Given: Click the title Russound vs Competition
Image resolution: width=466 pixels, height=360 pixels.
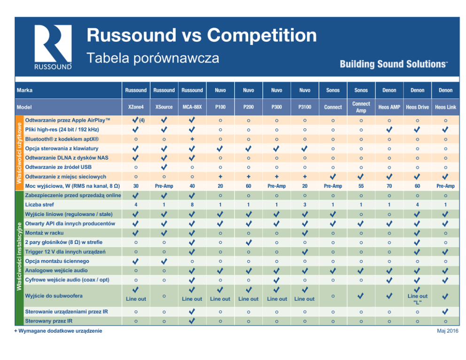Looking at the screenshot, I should (202, 35).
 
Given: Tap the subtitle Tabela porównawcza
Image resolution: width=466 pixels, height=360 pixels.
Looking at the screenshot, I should (153, 58).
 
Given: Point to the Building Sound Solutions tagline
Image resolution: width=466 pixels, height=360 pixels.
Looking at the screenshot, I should (393, 64).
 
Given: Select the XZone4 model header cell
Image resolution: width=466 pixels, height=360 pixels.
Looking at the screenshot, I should (136, 107).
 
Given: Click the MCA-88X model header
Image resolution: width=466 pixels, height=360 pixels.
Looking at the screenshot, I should (192, 107).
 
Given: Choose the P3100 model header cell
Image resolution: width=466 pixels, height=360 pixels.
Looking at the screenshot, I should (304, 107).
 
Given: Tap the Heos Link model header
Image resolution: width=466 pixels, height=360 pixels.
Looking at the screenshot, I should (445, 107).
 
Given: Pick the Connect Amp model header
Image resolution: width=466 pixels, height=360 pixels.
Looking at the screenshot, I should (361, 107).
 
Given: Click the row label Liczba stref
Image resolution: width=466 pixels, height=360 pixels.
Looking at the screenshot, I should (39, 205).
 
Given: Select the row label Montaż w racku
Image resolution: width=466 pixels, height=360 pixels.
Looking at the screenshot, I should (44, 233).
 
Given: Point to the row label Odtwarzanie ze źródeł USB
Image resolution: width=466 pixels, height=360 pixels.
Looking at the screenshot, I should (58, 167).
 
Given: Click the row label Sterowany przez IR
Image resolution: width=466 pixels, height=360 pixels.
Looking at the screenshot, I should (49, 321).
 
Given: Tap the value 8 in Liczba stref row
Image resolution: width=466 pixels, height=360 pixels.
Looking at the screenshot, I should (192, 205).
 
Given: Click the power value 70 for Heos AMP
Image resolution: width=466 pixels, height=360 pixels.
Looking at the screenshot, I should (389, 186).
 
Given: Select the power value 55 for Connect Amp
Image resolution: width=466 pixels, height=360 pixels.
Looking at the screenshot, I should (361, 186).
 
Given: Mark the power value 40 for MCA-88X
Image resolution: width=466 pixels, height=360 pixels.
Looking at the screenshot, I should (192, 186).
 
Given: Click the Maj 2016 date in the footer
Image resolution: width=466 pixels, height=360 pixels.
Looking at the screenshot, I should (448, 331).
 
